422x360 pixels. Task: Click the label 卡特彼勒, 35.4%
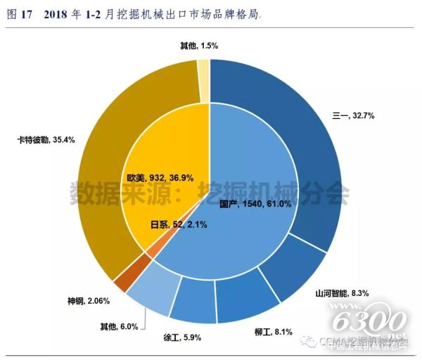(x=46, y=139)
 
